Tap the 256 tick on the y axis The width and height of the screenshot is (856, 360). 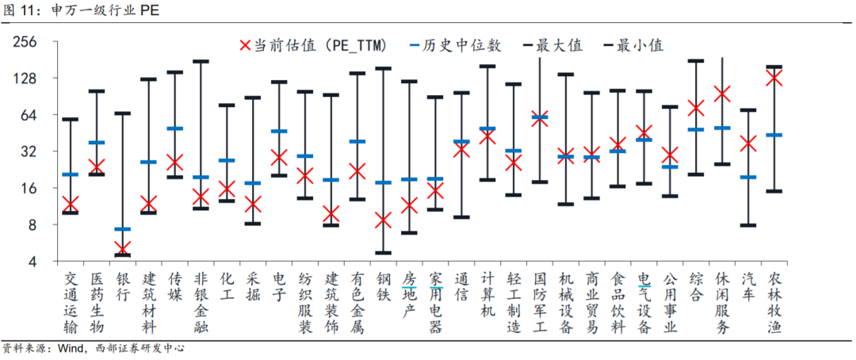[x=26, y=42]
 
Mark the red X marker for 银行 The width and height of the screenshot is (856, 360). [x=122, y=248]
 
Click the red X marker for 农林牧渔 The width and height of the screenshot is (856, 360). [x=774, y=77]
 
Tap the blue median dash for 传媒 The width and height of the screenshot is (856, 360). [x=174, y=128]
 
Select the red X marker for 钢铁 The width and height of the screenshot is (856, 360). [x=383, y=220]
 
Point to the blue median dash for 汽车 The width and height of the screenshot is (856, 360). [x=748, y=177]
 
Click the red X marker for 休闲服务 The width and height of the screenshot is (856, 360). [x=722, y=94]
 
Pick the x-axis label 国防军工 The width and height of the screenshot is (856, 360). [x=539, y=303]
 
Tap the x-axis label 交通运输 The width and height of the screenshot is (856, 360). [x=71, y=303]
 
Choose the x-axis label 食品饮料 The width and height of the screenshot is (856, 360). [x=617, y=303]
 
